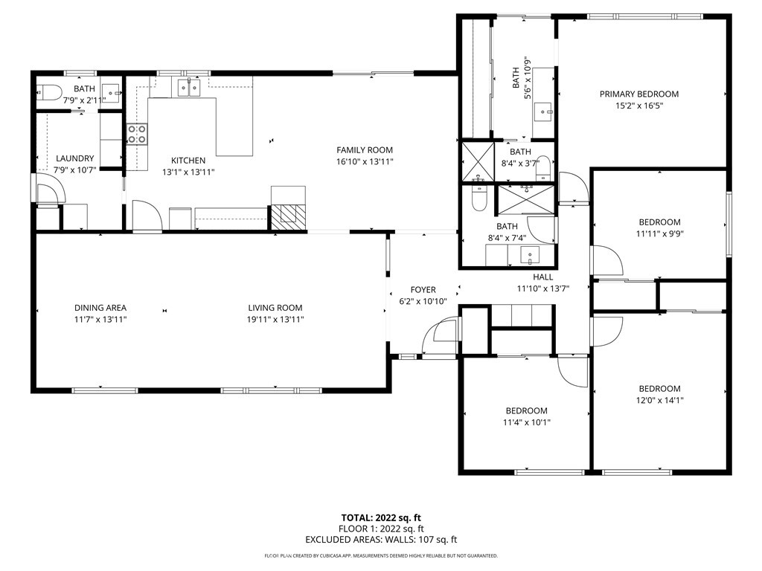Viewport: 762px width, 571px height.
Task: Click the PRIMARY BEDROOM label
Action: pyautogui.click(x=639, y=94)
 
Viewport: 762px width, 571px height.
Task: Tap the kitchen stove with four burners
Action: pyautogui.click(x=137, y=134)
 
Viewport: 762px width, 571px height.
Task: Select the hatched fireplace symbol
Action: pyautogui.click(x=289, y=216)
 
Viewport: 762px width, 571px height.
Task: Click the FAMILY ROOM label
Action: pyautogui.click(x=365, y=150)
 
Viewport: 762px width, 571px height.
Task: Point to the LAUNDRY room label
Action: pyautogui.click(x=75, y=158)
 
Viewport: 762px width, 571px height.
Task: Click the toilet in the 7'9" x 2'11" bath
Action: pyautogui.click(x=49, y=91)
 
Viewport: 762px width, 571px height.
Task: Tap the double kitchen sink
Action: pyautogui.click(x=188, y=88)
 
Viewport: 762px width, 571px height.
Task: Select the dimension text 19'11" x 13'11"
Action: pyautogui.click(x=275, y=320)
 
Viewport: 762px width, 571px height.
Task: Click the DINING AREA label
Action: pyautogui.click(x=100, y=308)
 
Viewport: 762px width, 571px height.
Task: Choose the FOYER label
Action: pyautogui.click(x=423, y=290)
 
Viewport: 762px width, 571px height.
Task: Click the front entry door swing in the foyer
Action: pyautogui.click(x=440, y=337)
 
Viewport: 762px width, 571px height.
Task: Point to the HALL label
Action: pyautogui.click(x=542, y=277)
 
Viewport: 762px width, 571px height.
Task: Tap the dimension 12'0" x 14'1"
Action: pyautogui.click(x=659, y=401)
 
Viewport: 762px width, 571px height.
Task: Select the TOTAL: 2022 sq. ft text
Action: pyautogui.click(x=381, y=518)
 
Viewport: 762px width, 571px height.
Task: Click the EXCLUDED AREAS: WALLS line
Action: pyautogui.click(x=381, y=540)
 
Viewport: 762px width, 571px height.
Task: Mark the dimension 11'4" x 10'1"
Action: pyautogui.click(x=526, y=422)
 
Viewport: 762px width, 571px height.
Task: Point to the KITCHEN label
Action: pyautogui.click(x=188, y=161)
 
